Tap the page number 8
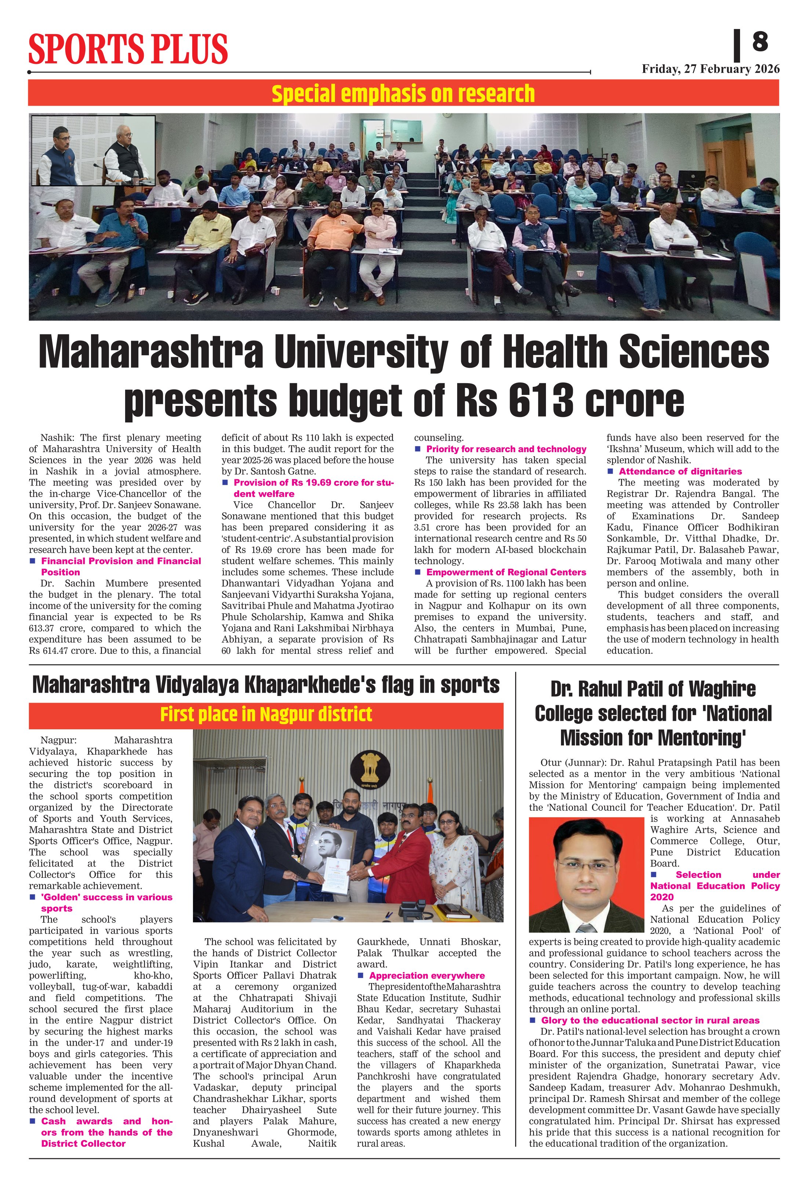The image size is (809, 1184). pyautogui.click(x=759, y=42)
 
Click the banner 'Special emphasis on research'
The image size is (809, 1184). pyautogui.click(x=403, y=94)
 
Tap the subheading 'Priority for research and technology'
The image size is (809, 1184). pyautogui.click(x=506, y=449)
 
